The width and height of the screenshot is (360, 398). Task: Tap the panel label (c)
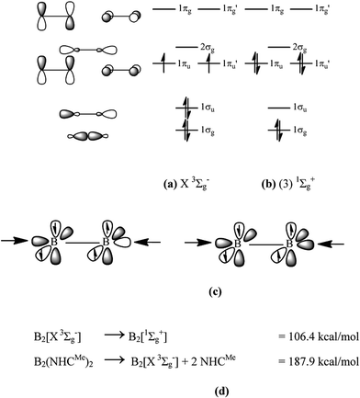tap(180, 293)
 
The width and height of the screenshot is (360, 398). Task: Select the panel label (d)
tap(180, 390)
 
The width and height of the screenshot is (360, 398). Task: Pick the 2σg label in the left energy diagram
tap(214, 46)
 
